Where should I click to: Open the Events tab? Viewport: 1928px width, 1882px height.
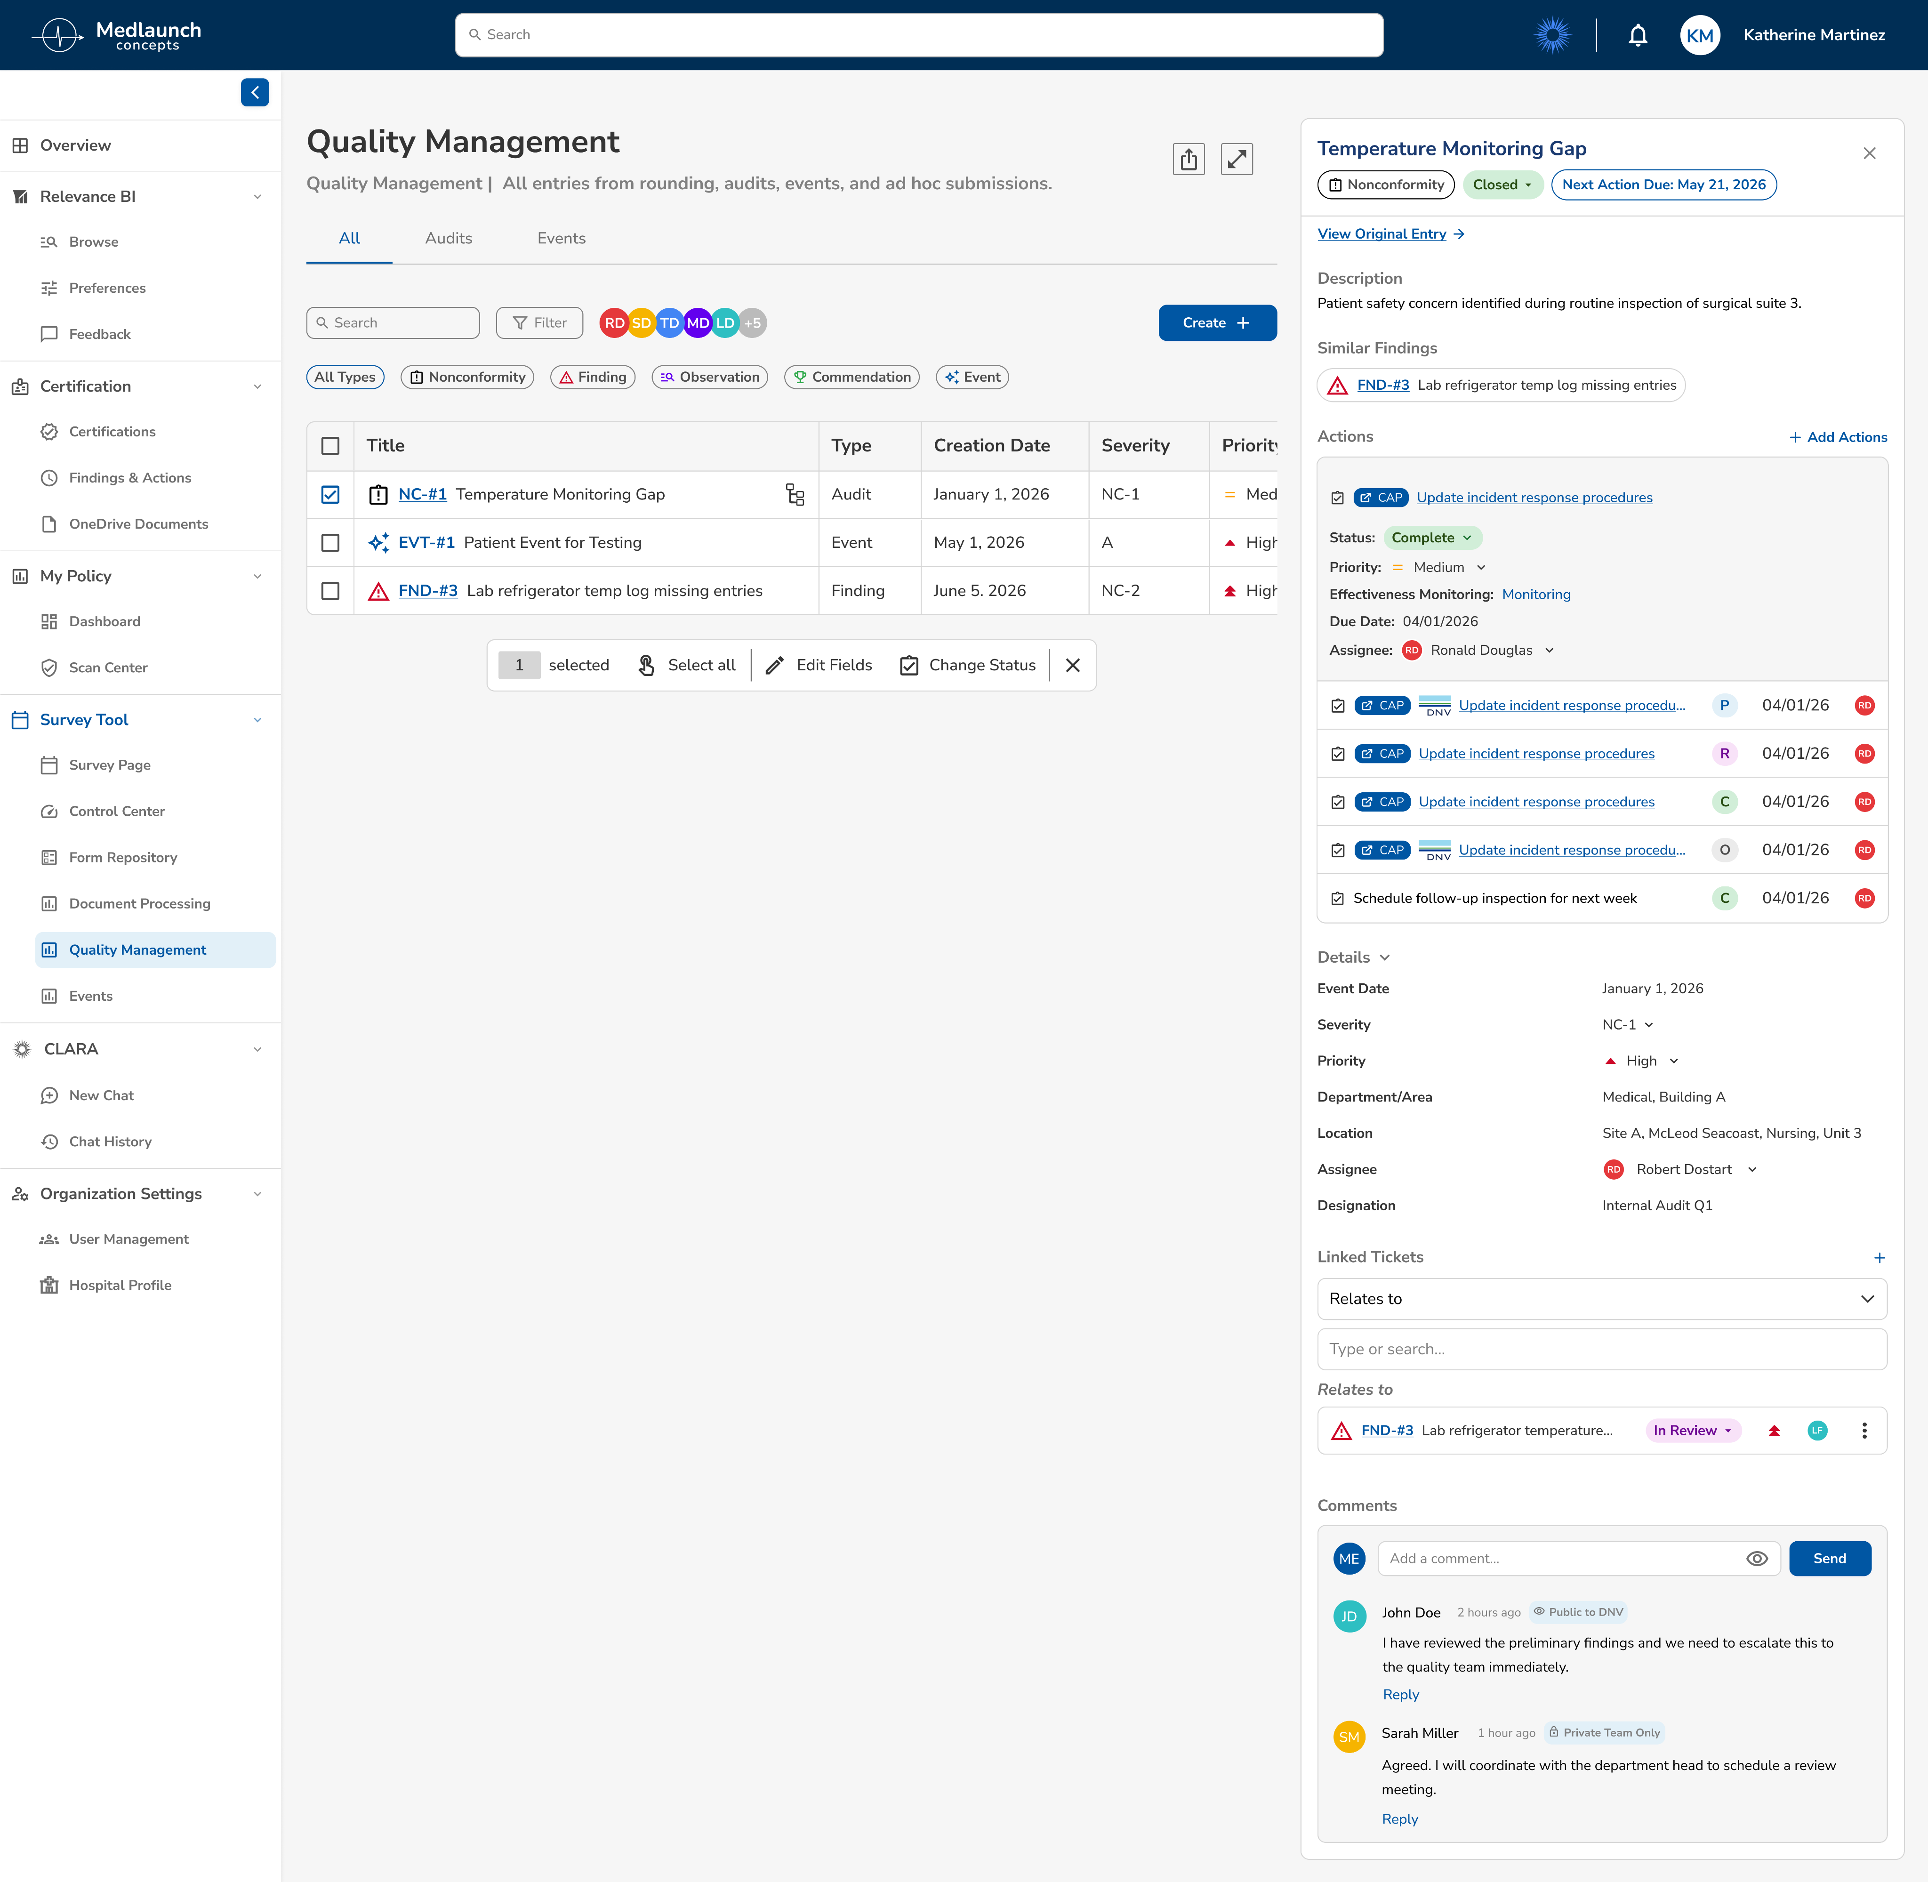[x=561, y=238]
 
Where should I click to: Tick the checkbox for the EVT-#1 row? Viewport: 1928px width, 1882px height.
[x=330, y=543]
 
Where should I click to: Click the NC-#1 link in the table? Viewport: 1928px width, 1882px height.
[x=422, y=494]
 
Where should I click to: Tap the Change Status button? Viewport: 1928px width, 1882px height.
[x=967, y=665]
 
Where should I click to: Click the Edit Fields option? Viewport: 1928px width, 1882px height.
[x=819, y=665]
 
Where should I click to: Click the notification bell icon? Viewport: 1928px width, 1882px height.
[x=1638, y=36]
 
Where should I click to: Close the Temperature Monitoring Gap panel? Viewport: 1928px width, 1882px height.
[x=1869, y=153]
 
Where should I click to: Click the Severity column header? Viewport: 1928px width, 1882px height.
[x=1135, y=446]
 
